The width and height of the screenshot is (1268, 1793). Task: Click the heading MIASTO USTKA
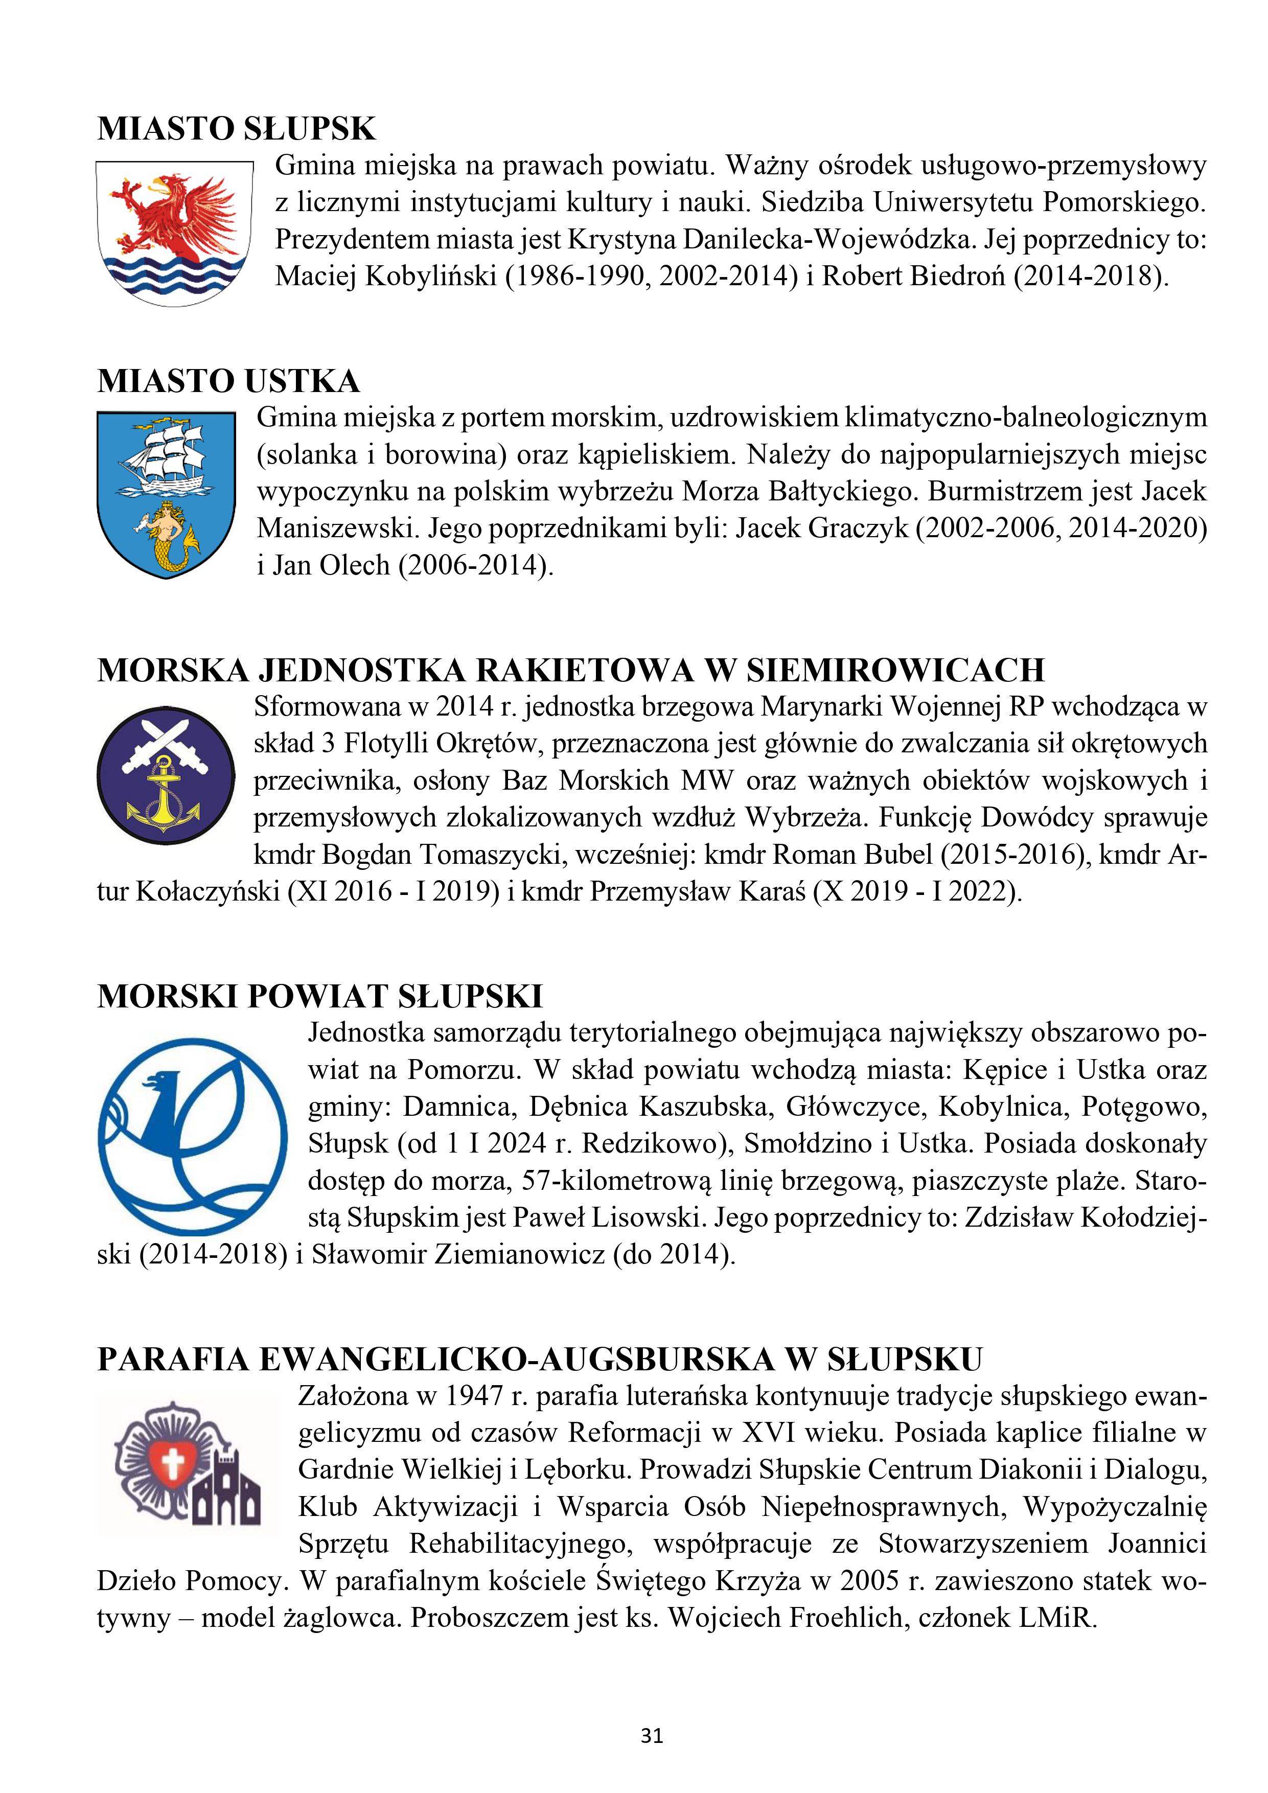(x=228, y=381)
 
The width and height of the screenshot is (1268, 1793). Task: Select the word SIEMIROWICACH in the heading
(x=895, y=671)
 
